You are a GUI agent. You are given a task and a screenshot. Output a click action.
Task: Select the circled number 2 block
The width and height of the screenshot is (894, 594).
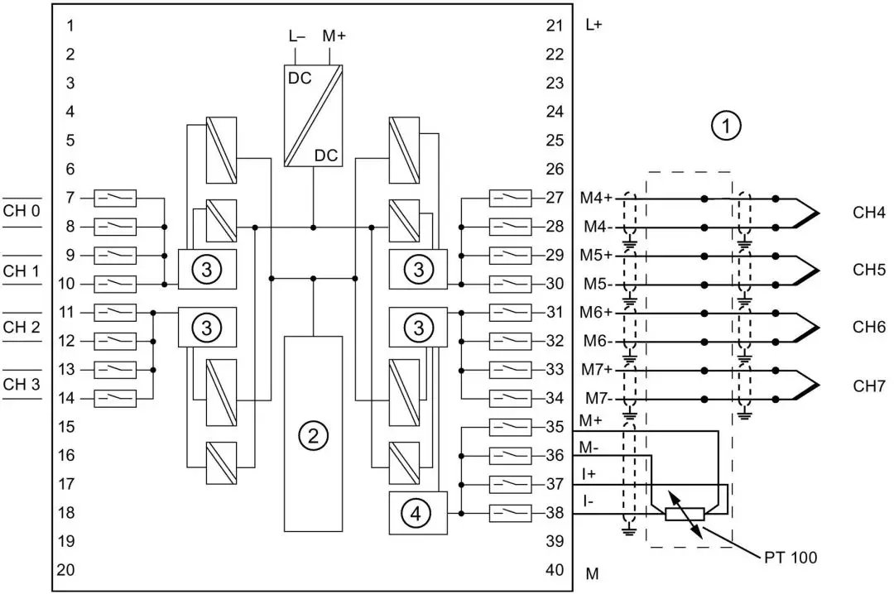click(x=312, y=434)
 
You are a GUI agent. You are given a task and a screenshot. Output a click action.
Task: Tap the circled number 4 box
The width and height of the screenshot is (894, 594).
click(x=417, y=514)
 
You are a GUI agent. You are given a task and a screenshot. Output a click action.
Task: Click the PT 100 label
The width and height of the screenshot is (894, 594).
click(x=791, y=557)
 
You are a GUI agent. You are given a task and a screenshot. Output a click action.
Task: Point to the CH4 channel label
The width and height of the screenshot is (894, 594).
click(x=869, y=213)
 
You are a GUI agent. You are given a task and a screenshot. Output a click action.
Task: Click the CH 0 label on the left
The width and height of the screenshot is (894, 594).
click(x=22, y=211)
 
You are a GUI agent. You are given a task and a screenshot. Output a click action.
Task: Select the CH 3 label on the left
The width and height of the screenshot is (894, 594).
click(x=22, y=384)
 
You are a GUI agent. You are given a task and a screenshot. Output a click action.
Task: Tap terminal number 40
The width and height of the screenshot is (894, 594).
click(x=555, y=570)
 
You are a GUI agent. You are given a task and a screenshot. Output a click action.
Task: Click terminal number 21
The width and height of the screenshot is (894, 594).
click(x=555, y=26)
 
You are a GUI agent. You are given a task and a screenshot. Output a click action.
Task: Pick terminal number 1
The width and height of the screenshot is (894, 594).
click(x=70, y=26)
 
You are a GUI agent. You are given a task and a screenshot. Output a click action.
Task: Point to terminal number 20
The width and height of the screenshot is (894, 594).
click(x=66, y=570)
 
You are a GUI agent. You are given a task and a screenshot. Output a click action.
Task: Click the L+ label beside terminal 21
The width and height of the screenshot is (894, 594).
click(x=594, y=26)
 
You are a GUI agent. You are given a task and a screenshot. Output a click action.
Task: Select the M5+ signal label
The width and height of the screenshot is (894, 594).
click(x=596, y=255)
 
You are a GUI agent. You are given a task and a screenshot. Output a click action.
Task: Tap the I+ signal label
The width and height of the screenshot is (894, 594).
click(x=589, y=474)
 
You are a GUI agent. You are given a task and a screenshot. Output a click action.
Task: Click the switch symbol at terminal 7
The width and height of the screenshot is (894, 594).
click(x=115, y=198)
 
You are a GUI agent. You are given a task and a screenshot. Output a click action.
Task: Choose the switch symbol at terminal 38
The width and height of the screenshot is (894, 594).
click(x=510, y=513)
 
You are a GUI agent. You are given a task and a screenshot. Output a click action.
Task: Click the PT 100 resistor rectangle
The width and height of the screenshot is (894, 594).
click(x=685, y=514)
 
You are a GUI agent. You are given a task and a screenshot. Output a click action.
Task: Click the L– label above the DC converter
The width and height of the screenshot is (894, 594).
click(x=296, y=36)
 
